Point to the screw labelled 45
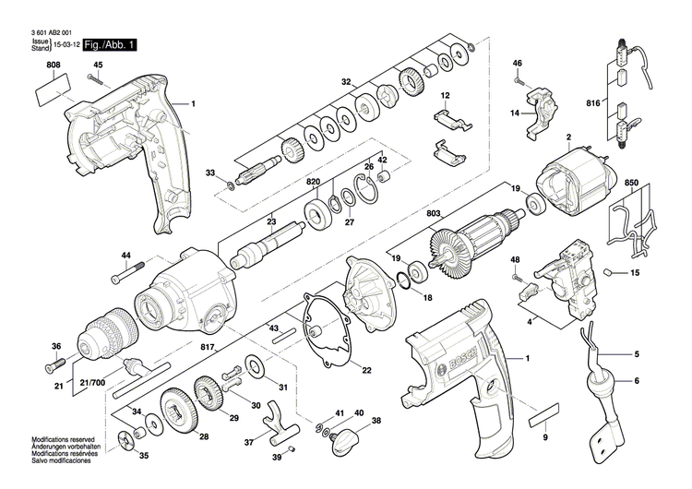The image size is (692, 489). tap(95, 81)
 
